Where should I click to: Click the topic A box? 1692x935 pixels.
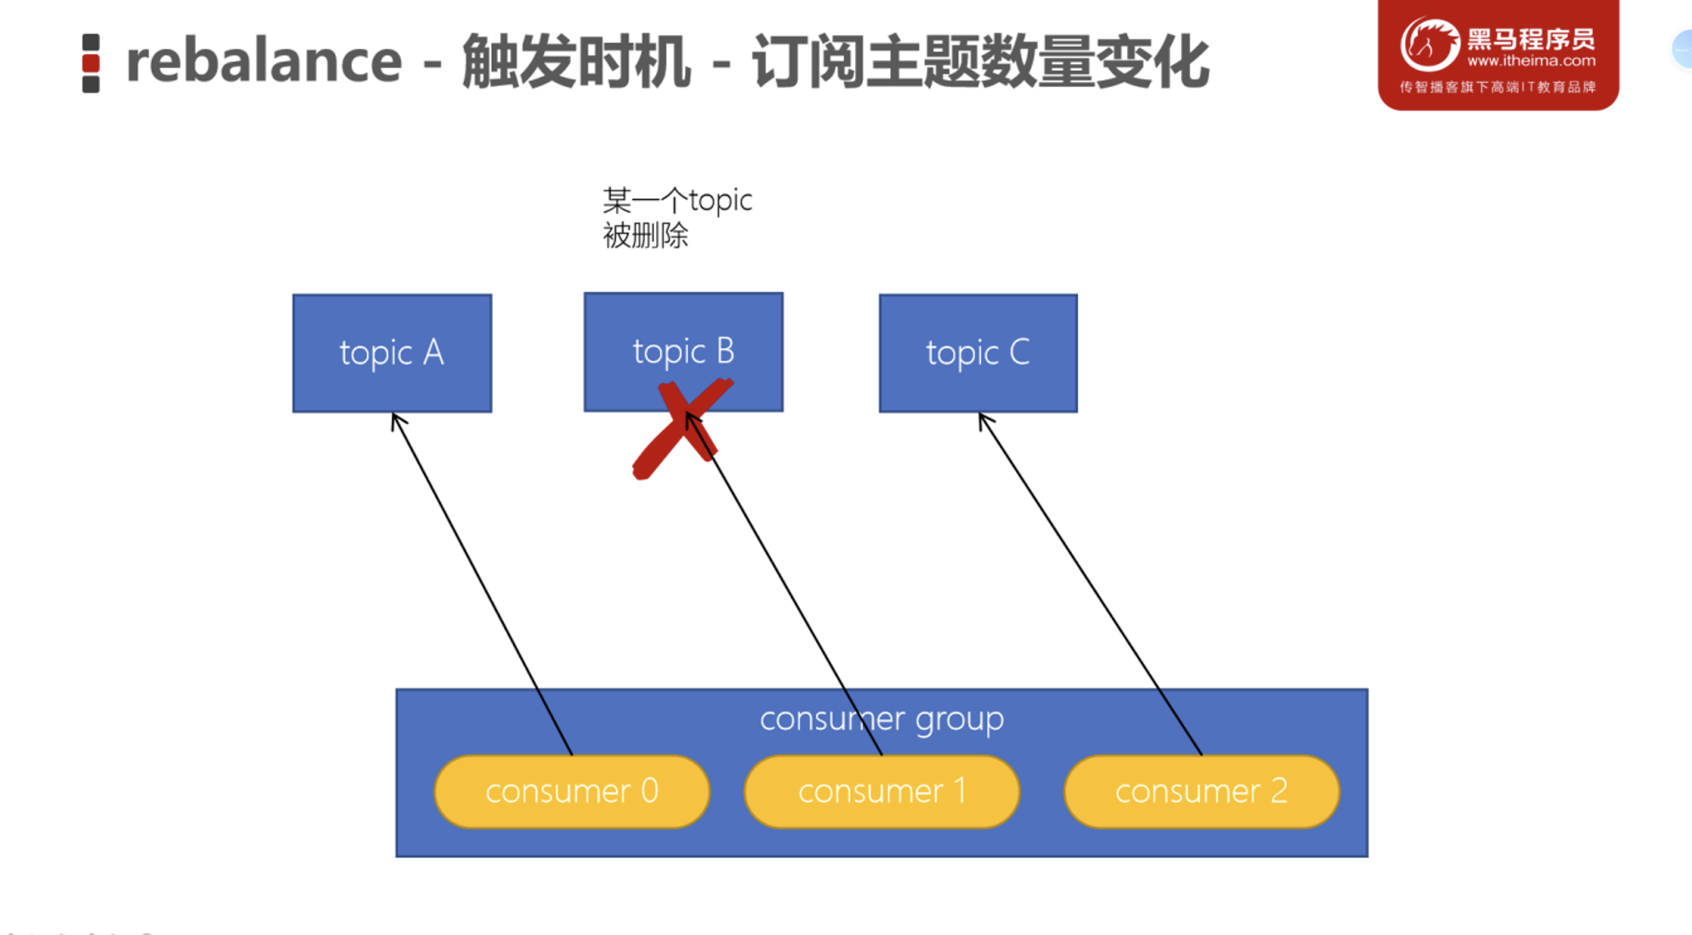click(x=392, y=352)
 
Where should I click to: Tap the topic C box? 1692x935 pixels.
click(x=978, y=352)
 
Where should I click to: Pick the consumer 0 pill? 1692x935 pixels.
click(x=572, y=791)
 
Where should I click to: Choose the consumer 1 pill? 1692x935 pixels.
click(x=882, y=791)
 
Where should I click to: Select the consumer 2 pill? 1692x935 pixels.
click(x=1201, y=791)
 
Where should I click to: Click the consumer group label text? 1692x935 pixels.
click(x=882, y=718)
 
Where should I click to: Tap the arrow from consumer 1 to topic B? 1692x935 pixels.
click(x=783, y=583)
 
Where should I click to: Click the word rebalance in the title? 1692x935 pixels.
click(x=263, y=62)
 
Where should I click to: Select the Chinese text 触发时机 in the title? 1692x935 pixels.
click(x=575, y=62)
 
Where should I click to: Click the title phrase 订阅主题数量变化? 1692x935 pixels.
click(x=979, y=62)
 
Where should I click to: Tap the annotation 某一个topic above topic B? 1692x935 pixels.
click(x=677, y=200)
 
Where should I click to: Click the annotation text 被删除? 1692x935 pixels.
click(x=645, y=236)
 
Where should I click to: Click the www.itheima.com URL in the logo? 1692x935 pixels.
click(x=1531, y=61)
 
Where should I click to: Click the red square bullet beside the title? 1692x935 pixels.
click(x=91, y=63)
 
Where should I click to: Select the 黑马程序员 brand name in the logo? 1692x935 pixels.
click(x=1531, y=38)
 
